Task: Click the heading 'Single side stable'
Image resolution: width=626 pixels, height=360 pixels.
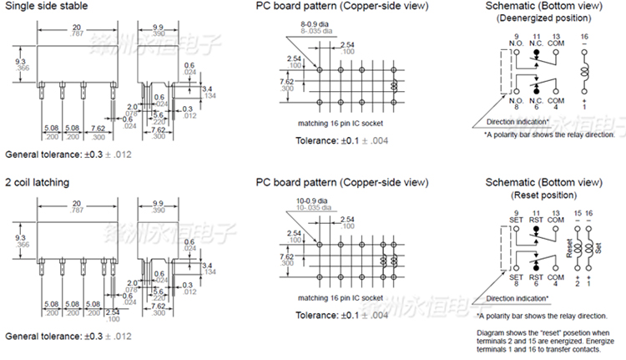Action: [x=48, y=7]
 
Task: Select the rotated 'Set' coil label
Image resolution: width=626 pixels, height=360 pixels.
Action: [x=598, y=249]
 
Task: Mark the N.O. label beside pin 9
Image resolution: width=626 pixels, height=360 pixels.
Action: [x=517, y=44]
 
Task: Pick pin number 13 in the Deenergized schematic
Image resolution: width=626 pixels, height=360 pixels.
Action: [x=556, y=38]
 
